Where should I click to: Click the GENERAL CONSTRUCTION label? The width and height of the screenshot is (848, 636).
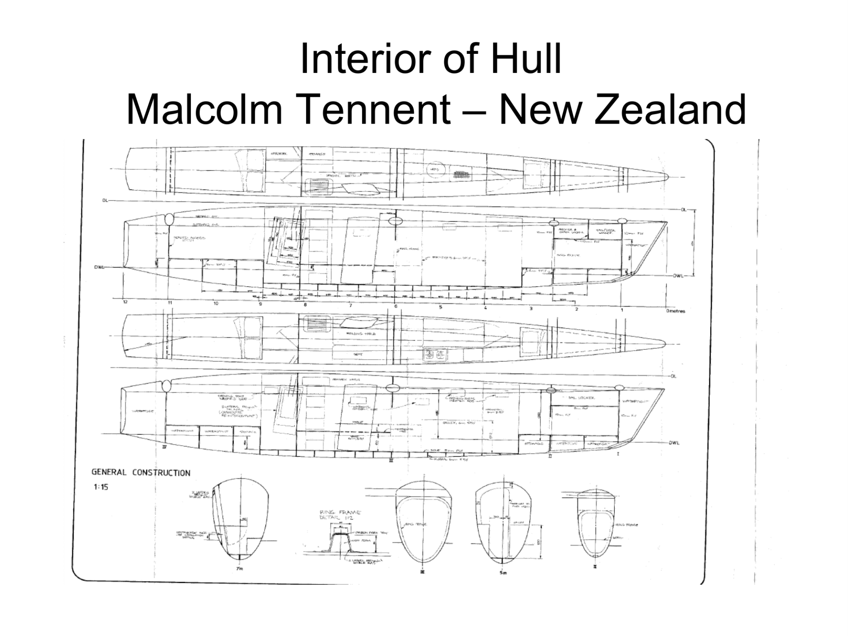click(141, 473)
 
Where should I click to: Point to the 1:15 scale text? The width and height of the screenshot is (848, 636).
click(100, 488)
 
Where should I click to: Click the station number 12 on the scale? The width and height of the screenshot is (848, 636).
click(125, 302)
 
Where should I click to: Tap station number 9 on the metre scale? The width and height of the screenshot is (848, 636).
click(260, 304)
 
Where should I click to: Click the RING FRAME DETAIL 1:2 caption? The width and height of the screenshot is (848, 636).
click(340, 515)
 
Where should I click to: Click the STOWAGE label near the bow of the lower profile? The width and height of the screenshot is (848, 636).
click(534, 443)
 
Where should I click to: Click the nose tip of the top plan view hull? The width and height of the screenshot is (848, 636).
click(667, 177)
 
